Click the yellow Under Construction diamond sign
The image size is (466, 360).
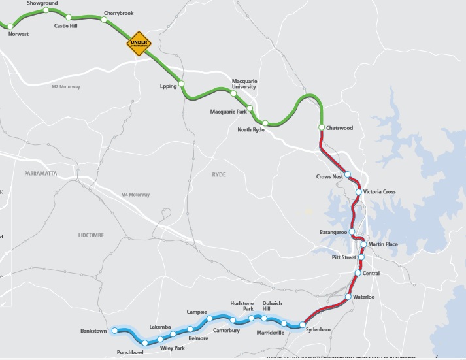click(x=139, y=44)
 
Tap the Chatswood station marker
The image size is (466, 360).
click(x=321, y=127)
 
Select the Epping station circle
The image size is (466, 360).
click(x=183, y=84)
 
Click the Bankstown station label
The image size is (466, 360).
click(x=93, y=331)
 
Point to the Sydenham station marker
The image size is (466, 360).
click(x=303, y=324)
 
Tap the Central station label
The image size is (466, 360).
click(x=371, y=273)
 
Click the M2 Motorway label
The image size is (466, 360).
click(x=65, y=87)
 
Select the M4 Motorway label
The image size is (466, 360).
click(x=135, y=195)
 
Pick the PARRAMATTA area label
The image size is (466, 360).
click(x=41, y=173)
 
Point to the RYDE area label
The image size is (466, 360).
click(x=218, y=175)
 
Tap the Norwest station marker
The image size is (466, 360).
click(x=10, y=26)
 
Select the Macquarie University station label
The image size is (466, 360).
click(x=244, y=84)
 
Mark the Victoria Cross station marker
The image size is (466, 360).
click(x=359, y=192)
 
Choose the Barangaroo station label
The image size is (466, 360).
click(x=332, y=232)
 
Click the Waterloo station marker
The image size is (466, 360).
click(x=348, y=298)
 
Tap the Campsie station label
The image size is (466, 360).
click(x=197, y=312)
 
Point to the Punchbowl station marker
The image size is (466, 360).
click(x=144, y=343)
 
